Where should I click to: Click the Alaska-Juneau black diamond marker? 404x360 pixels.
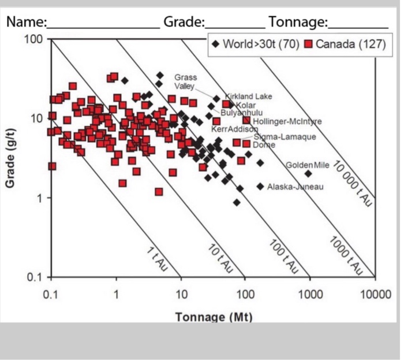tap(260, 186)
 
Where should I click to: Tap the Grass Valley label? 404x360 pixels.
tap(186, 81)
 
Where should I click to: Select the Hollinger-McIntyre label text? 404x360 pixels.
tap(287, 121)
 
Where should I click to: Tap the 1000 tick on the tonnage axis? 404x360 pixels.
tap(311, 294)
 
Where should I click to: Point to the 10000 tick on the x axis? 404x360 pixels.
tap(375, 294)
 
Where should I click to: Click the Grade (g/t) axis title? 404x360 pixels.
tap(10, 158)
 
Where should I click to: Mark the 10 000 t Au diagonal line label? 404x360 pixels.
tap(353, 184)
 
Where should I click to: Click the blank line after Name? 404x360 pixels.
tap(104, 23)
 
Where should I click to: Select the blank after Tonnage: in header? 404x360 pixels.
tap(358, 23)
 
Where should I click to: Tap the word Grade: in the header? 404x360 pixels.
tap(184, 23)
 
